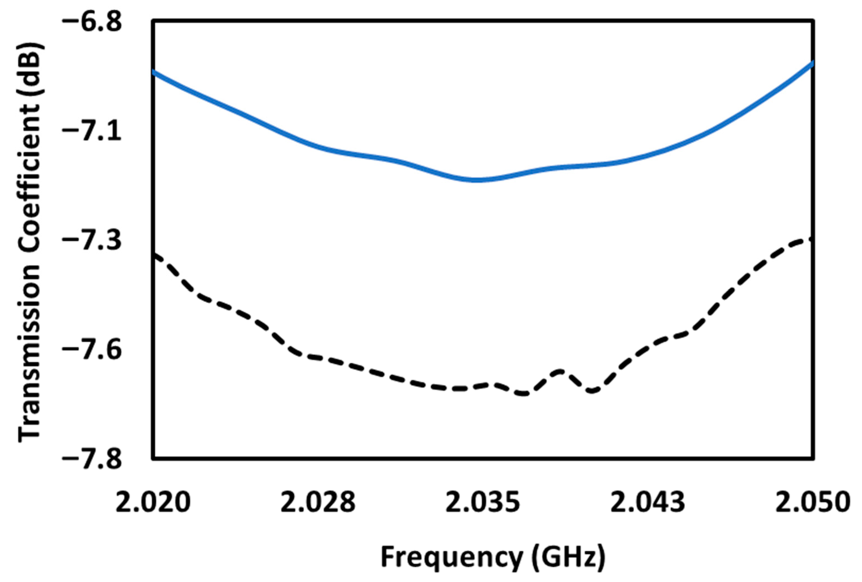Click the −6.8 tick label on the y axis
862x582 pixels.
point(92,22)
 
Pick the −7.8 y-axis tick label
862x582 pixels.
point(92,460)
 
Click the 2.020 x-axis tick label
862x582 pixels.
point(153,503)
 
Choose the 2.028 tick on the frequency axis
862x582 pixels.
point(318,503)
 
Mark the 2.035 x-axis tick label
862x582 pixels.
point(483,503)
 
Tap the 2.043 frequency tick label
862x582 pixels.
point(648,503)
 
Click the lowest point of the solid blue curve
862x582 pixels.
point(478,180)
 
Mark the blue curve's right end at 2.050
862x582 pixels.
point(812,63)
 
